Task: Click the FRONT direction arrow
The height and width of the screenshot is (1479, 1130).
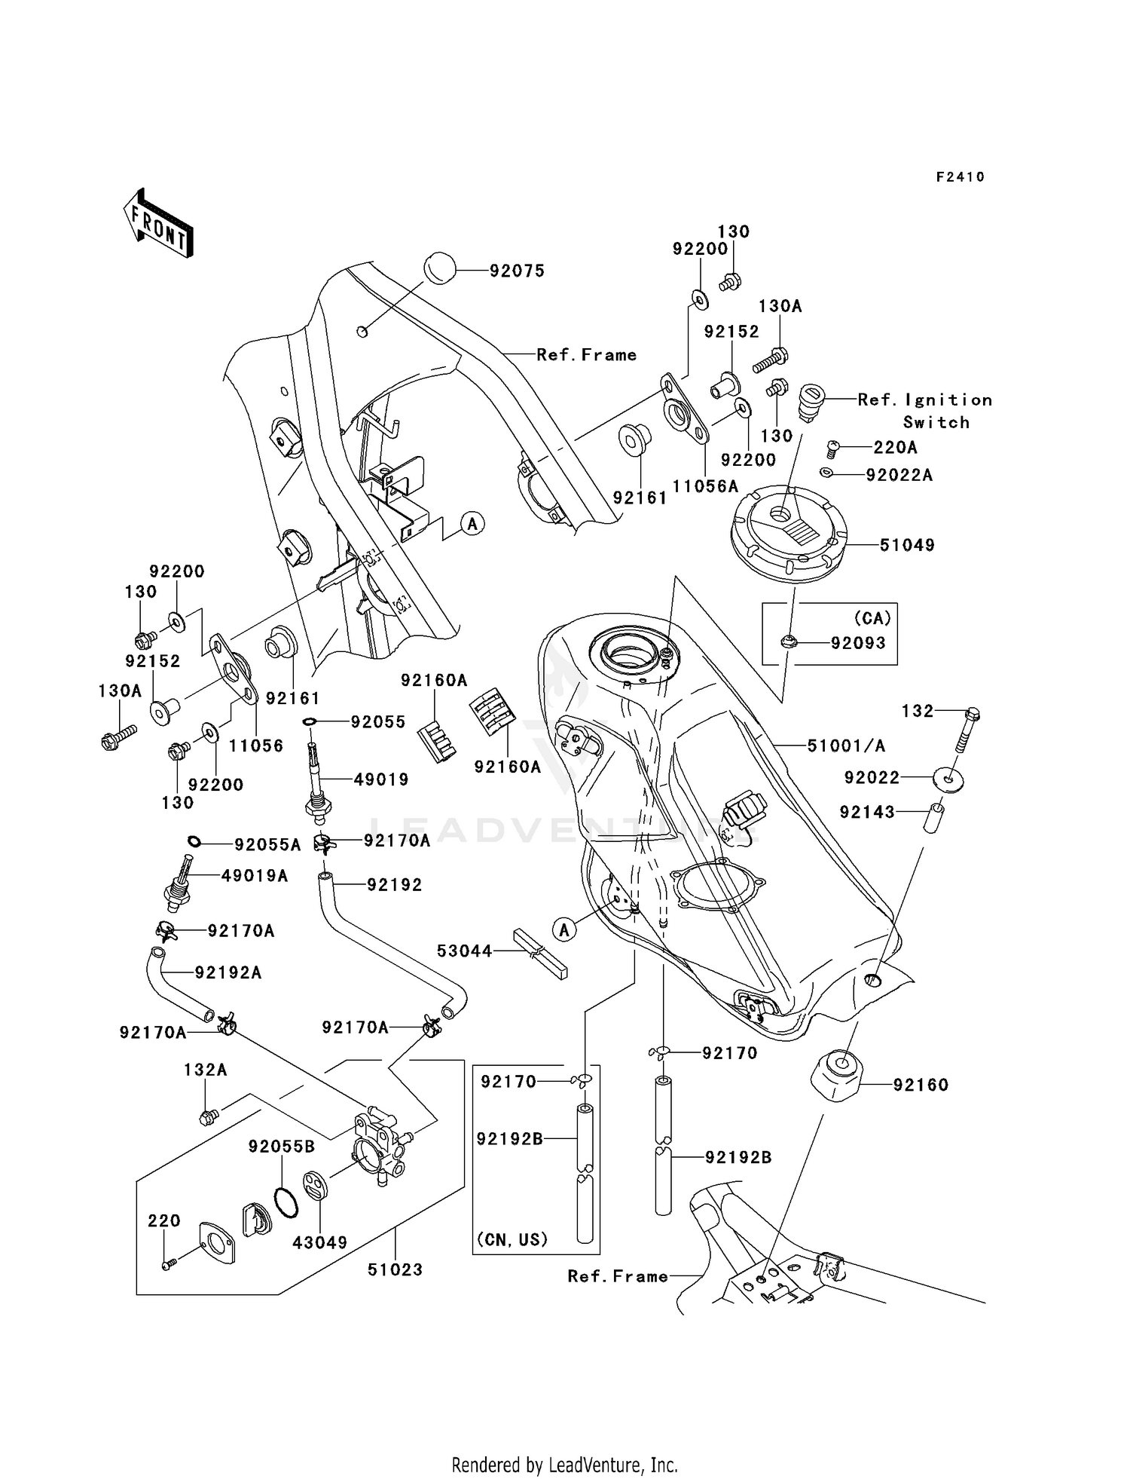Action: tap(159, 223)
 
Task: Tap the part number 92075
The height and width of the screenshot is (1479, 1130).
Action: tap(517, 271)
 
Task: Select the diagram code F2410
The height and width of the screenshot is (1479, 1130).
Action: tap(960, 177)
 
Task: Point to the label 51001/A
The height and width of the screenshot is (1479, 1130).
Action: tap(845, 746)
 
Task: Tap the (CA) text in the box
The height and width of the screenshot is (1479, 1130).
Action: tap(872, 618)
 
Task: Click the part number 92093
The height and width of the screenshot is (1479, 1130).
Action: tap(858, 643)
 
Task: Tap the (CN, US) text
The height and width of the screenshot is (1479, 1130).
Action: tap(512, 1239)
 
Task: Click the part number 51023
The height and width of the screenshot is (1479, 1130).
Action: tap(395, 1269)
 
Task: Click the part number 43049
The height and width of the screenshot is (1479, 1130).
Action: tap(319, 1242)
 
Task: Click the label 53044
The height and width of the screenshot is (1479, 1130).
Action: tap(464, 951)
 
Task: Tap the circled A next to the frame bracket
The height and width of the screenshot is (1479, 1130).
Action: tap(472, 523)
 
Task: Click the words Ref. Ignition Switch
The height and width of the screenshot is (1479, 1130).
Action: tap(925, 411)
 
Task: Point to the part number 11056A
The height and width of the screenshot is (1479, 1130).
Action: tap(705, 486)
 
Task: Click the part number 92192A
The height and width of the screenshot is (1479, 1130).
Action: tap(228, 972)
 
